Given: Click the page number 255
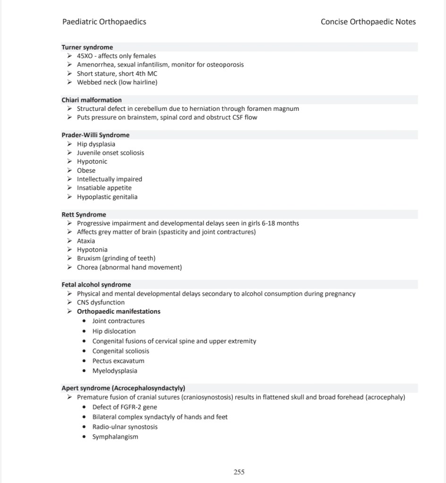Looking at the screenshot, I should [x=239, y=472].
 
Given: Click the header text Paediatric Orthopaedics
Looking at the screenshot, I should [x=104, y=22].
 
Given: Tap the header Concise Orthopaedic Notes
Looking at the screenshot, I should [x=368, y=22].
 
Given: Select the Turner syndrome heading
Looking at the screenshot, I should [x=87, y=47].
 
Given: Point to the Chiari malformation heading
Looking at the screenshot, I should [x=91, y=100].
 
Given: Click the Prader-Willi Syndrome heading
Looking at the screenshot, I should [x=95, y=135].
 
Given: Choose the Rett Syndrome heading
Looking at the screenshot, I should [x=84, y=215].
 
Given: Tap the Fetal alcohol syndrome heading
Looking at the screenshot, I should [x=96, y=285].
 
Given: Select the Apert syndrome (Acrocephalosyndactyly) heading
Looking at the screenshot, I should [x=123, y=388].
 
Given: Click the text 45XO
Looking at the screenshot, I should [x=85, y=56].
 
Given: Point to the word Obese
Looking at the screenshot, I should [x=86, y=170].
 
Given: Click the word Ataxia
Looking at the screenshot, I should [x=86, y=241].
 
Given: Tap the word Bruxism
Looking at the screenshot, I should [x=88, y=258].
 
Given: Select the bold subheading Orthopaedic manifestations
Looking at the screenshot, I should [x=119, y=311].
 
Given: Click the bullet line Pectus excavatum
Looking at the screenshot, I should [x=118, y=361].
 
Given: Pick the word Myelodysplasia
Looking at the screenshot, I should [x=115, y=371].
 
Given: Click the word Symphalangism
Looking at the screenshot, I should [x=115, y=437].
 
